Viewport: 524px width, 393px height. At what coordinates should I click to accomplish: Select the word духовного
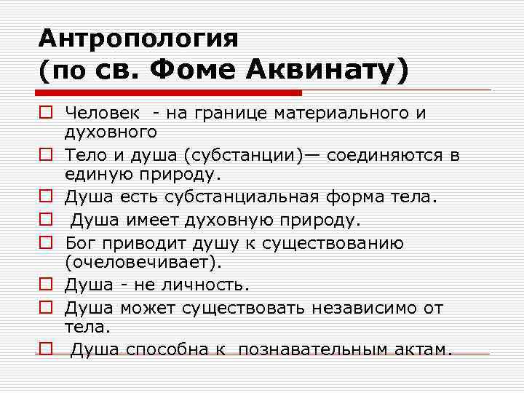click(111, 132)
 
